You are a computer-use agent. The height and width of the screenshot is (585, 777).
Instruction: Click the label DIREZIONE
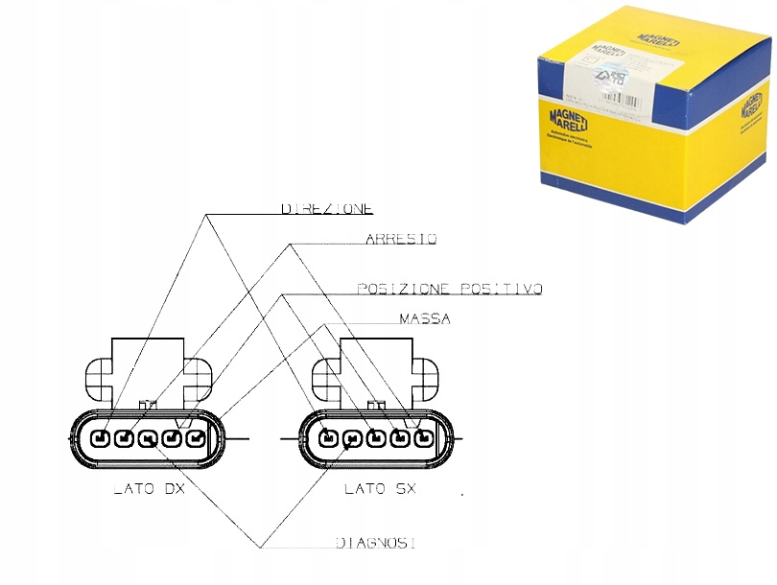326,207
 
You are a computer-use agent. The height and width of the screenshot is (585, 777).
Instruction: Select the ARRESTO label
401,239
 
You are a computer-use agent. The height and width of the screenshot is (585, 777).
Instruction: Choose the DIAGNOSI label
375,544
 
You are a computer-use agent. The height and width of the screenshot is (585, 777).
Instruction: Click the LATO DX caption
149,489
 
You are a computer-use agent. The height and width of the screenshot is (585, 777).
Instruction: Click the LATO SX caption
380,489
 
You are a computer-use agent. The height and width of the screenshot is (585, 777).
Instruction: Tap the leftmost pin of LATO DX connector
100,439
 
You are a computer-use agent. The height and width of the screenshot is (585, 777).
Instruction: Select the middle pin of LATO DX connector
148,439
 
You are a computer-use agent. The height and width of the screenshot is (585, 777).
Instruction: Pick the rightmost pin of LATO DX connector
196,439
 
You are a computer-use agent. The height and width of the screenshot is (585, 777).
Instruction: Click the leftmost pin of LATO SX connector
328,439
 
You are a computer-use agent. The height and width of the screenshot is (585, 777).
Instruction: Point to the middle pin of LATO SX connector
376,439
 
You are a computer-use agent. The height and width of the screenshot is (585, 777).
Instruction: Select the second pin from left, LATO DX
124,439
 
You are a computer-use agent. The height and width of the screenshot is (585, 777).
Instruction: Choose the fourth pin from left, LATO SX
400,439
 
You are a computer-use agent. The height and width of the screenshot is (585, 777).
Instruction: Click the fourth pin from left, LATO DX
172,439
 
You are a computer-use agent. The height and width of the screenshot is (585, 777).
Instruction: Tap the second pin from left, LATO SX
352,439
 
